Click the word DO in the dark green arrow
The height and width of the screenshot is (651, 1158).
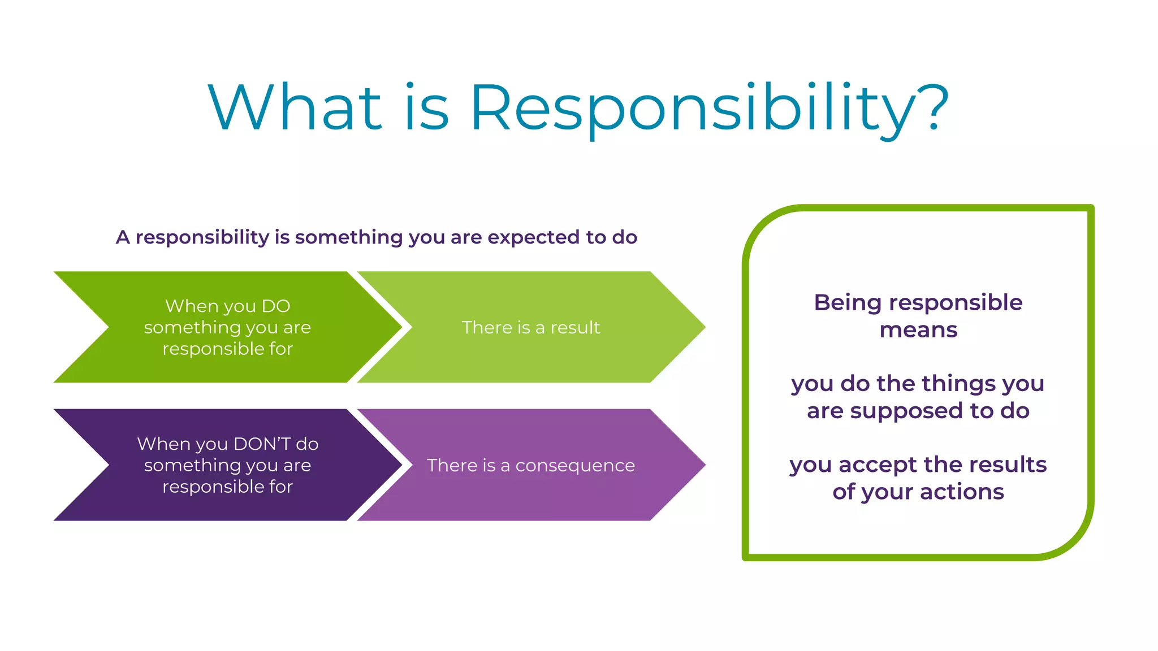276,306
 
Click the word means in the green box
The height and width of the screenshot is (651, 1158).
918,330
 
